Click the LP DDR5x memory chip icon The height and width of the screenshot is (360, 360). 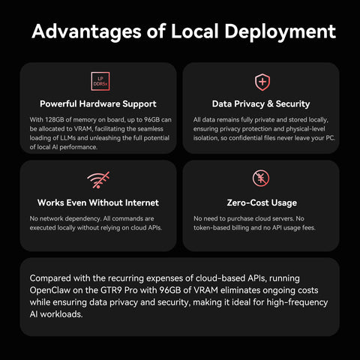[x=100, y=81]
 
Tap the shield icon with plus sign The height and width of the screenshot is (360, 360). [x=262, y=82]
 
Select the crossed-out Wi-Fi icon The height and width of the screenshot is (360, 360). [x=98, y=180]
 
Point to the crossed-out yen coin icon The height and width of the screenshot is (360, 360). [x=261, y=178]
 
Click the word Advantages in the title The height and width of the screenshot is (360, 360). [x=86, y=31]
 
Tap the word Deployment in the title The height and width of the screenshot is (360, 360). [x=280, y=31]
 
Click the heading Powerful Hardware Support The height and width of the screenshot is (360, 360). [x=98, y=103]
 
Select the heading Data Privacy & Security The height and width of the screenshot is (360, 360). [x=261, y=103]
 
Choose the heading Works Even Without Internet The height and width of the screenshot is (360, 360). [x=98, y=202]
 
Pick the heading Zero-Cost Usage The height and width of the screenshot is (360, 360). [x=262, y=202]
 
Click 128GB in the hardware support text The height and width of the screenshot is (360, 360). [x=55, y=120]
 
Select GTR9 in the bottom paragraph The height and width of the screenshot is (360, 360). [x=111, y=290]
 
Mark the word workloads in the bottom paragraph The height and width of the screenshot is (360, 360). [x=61, y=314]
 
